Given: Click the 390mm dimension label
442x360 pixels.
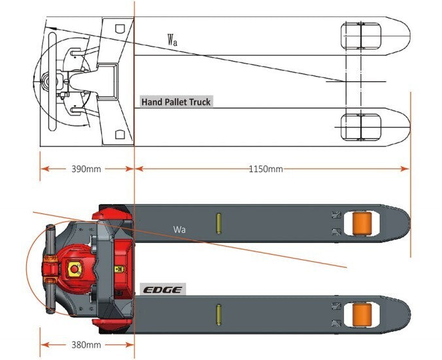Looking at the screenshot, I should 86,169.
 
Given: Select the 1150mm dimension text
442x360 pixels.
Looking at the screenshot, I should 265,169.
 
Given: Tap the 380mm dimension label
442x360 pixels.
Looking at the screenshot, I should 86,345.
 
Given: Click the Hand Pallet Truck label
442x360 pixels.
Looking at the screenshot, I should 177,102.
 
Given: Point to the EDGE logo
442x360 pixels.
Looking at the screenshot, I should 163,289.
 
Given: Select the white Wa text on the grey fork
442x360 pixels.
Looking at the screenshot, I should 179,230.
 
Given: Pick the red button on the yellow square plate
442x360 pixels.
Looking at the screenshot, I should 73,269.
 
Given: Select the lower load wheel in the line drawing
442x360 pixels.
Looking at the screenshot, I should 360,124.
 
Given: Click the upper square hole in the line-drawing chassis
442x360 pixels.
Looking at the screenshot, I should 119,28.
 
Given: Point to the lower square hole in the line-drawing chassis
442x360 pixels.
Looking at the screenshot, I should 119,134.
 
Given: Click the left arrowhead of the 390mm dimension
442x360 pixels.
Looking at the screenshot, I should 44,169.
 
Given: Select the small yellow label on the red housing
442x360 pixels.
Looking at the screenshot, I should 119,268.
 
